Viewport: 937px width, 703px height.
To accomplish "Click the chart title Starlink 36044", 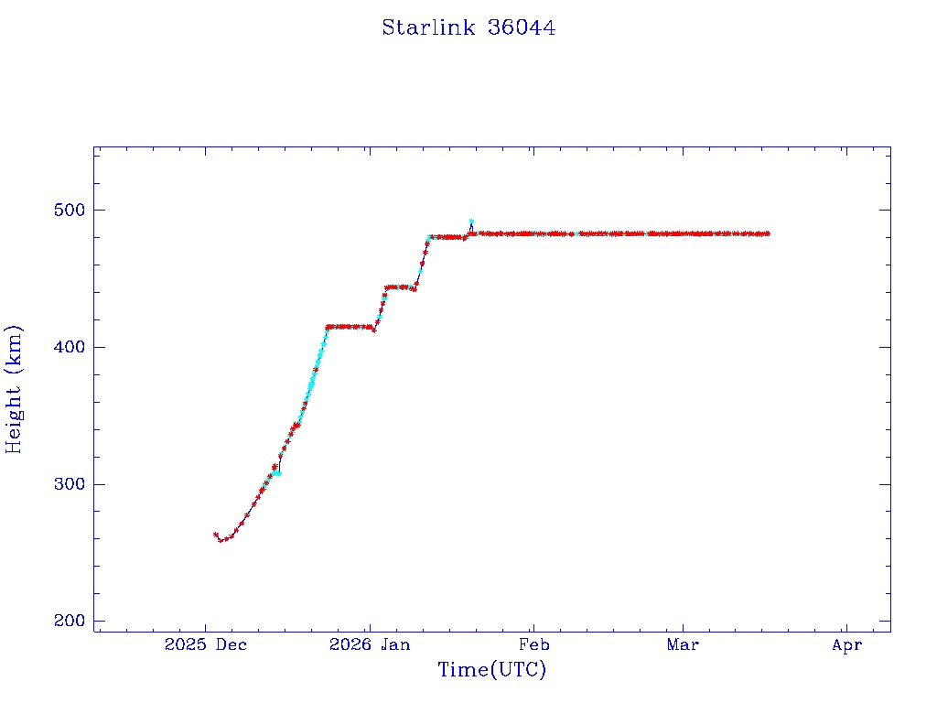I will click(x=468, y=27).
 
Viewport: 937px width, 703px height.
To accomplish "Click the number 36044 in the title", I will click(x=522, y=27).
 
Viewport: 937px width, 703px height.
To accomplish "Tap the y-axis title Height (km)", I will click(x=15, y=389).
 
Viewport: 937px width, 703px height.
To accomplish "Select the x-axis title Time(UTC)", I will click(x=491, y=670).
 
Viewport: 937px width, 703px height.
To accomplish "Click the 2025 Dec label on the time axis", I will click(x=206, y=645).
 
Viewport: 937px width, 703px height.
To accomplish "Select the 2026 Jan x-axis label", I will click(x=370, y=645).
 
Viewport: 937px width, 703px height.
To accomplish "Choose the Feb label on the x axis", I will click(x=534, y=645).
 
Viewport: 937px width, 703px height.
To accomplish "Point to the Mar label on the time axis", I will click(x=683, y=645).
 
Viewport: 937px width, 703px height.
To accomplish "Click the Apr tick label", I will click(x=847, y=645).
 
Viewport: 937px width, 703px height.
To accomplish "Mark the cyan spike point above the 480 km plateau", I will click(x=471, y=222).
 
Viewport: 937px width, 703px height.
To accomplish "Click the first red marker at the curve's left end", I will click(x=216, y=535).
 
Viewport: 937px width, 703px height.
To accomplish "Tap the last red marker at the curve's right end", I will click(x=768, y=233).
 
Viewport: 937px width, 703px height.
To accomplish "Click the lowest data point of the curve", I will click(x=221, y=540).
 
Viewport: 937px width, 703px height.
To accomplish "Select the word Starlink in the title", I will click(x=429, y=27).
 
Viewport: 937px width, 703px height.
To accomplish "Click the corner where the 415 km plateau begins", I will click(x=328, y=327).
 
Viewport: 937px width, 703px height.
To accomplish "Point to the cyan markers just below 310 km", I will click(x=277, y=473).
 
